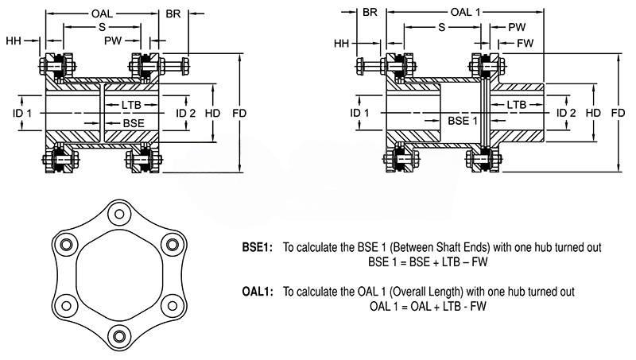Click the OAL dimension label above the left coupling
pyautogui.click(x=102, y=14)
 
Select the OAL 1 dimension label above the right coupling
pyautogui.click(x=465, y=12)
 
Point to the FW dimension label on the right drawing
pyautogui.click(x=525, y=43)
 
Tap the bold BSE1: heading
pyautogui.click(x=258, y=247)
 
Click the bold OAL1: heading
pyautogui.click(x=258, y=292)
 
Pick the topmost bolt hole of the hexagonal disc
pyautogui.click(x=119, y=214)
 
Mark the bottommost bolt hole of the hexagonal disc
pyautogui.click(x=119, y=336)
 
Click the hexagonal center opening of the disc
pyautogui.click(x=119, y=275)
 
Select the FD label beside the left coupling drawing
pyautogui.click(x=239, y=114)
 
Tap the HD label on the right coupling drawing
pyautogui.click(x=593, y=113)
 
